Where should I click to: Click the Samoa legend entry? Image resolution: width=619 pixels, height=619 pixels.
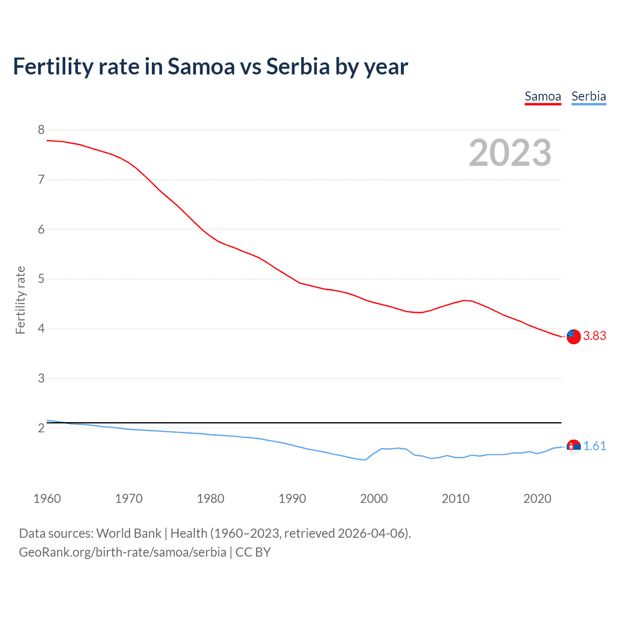coord(543,97)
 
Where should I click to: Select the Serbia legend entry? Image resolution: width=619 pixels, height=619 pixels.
coord(589,97)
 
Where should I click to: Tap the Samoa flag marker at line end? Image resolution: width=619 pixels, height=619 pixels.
coord(574,336)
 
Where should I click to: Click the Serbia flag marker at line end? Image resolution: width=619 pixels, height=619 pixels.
coord(574,446)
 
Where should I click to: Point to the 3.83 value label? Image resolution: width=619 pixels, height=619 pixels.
coord(594,336)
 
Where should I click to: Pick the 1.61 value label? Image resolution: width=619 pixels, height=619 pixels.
coord(594,446)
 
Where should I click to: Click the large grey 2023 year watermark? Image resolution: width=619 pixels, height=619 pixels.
coord(510,153)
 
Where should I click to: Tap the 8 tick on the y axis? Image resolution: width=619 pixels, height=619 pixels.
coord(41,130)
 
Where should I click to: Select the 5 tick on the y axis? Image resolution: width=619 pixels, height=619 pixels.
coord(41,279)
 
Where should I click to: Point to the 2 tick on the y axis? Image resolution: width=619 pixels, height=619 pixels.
coord(41,428)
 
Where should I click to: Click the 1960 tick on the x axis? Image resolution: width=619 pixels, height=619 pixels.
coord(47,499)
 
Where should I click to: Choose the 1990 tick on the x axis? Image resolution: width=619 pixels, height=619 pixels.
coord(292,499)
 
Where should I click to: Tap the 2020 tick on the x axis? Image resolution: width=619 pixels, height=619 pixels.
coord(537,499)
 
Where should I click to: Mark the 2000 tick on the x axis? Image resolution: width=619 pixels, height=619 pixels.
coord(374,499)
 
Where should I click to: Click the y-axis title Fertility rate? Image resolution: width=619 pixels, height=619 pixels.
coord(20,300)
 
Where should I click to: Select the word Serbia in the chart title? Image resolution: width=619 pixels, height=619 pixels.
coord(298,67)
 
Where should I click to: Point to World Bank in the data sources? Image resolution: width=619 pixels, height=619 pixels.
coord(129,533)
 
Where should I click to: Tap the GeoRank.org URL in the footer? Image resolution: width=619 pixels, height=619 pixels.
coord(122,552)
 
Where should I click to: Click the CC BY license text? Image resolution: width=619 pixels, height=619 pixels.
coord(253,552)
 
